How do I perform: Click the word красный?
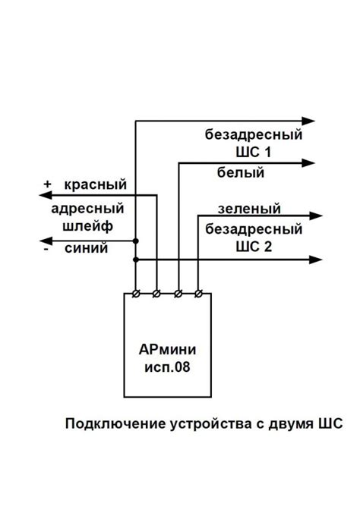(95, 185)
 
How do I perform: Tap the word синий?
(86, 248)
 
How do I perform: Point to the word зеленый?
(249, 208)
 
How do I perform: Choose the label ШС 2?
(254, 246)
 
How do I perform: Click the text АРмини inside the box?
(167, 351)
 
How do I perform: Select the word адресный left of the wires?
(88, 209)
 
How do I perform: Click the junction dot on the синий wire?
(135, 241)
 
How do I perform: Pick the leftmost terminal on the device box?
(135, 294)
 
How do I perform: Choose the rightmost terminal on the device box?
(198, 294)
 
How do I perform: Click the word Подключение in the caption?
(111, 423)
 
